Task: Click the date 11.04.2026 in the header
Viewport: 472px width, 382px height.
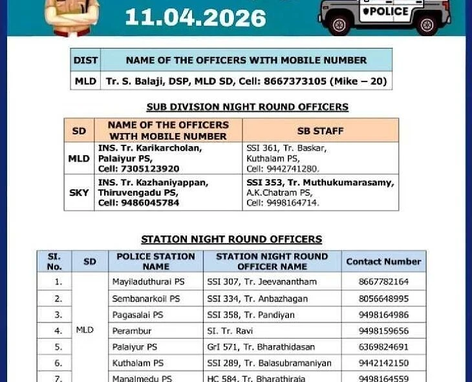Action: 195,17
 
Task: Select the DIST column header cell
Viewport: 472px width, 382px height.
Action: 85,60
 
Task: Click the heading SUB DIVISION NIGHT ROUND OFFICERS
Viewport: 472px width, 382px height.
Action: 247,107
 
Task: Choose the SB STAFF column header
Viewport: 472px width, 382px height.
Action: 320,131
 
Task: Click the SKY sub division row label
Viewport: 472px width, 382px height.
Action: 79,193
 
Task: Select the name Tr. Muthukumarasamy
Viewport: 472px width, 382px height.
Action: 340,183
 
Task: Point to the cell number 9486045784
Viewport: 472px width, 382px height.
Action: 153,203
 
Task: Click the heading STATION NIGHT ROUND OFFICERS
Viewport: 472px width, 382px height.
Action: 231,239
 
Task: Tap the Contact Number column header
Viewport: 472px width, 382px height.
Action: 383,262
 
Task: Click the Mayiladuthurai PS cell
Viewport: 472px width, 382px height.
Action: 148,282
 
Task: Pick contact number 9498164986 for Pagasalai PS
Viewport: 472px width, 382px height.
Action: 383,315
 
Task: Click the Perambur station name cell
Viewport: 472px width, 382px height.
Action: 132,331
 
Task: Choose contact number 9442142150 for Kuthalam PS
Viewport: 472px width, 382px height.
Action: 383,363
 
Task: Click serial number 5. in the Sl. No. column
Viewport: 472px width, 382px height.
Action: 58,347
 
